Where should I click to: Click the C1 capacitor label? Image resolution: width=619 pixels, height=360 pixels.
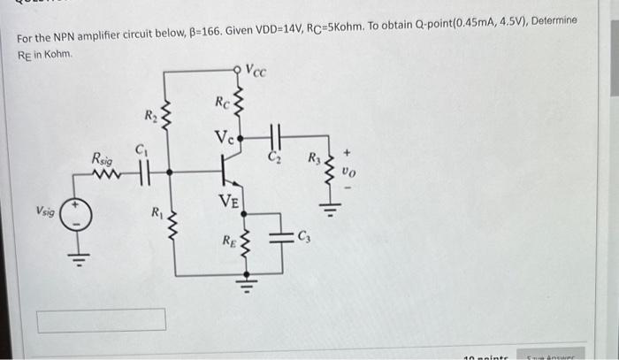(x=141, y=152)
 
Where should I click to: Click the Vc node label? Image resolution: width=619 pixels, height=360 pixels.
(x=223, y=138)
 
